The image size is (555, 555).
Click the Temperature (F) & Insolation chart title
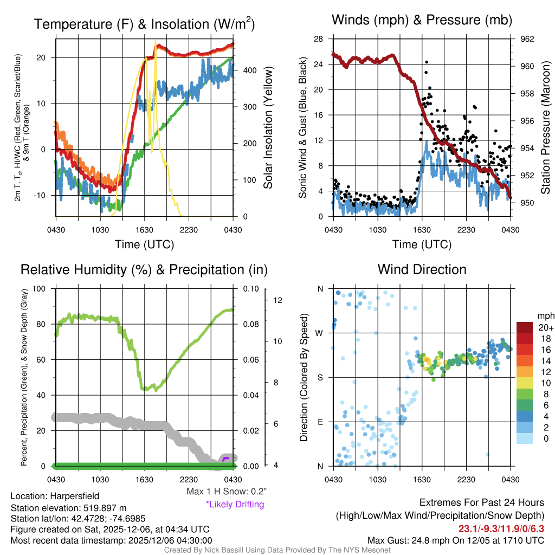[144, 24]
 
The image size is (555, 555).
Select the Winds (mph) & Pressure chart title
[422, 20]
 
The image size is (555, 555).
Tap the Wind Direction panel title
[422, 269]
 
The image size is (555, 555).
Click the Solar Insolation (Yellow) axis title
[268, 128]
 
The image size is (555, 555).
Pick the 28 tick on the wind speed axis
[319, 39]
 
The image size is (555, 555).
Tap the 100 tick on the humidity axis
[40, 288]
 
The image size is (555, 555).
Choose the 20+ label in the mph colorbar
[545, 328]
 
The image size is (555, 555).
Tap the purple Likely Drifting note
[235, 505]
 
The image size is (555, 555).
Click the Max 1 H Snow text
[226, 492]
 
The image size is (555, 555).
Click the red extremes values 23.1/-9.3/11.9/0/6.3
[501, 528]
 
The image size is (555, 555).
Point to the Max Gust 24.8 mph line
[455, 540]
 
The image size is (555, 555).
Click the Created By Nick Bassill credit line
[277, 550]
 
